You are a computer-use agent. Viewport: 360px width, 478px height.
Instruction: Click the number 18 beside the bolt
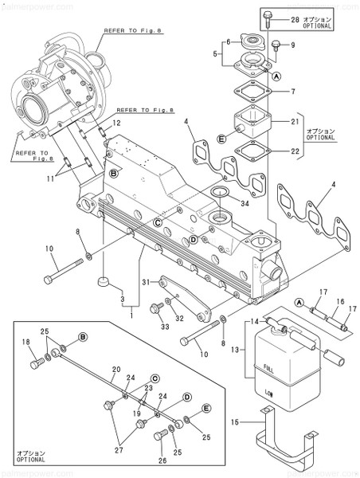[x=26, y=343]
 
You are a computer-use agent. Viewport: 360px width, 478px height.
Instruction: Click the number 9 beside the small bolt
[x=292, y=45]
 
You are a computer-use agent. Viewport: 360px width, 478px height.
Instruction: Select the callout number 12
[x=115, y=123]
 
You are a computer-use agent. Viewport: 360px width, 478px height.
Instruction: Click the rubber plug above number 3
[x=102, y=282]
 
